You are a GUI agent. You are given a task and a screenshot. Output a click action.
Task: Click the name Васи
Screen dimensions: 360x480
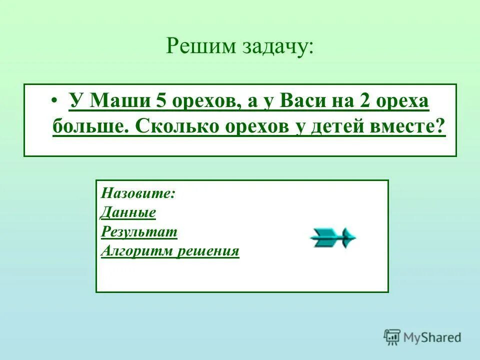click(x=303, y=101)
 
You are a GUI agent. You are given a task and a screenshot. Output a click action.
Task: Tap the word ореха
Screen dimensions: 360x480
click(x=403, y=101)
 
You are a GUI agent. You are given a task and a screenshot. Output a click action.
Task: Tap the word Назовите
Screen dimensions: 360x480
click(x=137, y=193)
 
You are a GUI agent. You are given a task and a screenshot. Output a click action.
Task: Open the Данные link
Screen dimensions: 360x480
click(x=128, y=212)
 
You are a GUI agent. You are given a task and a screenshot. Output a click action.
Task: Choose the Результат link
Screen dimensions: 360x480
click(x=139, y=231)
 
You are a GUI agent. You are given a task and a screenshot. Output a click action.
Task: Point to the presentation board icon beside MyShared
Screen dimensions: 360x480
click(x=391, y=337)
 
